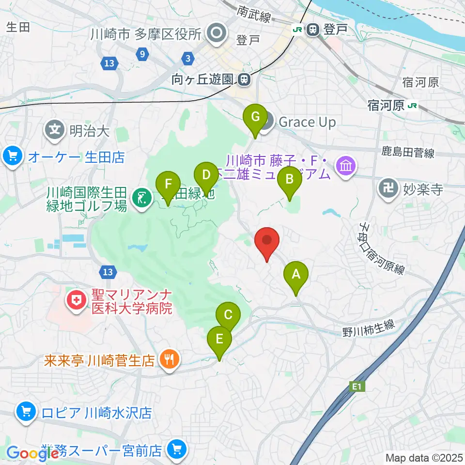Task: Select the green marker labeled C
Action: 228,316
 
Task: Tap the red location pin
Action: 267,241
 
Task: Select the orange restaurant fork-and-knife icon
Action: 169,359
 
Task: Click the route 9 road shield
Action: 142,53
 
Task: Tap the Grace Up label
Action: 307,122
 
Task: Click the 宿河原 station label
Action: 386,106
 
